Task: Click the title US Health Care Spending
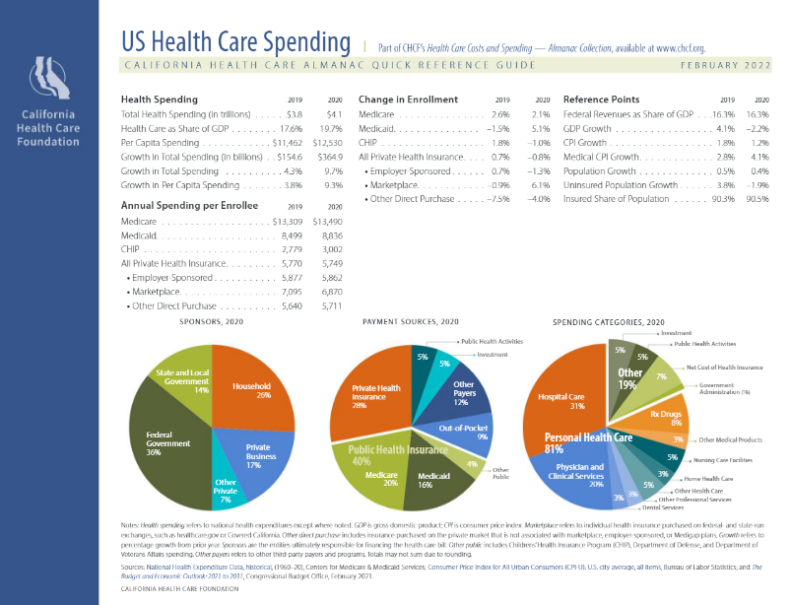(235, 42)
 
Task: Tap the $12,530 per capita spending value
(326, 143)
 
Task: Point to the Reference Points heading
(601, 100)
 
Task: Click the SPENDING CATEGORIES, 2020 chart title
(609, 322)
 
